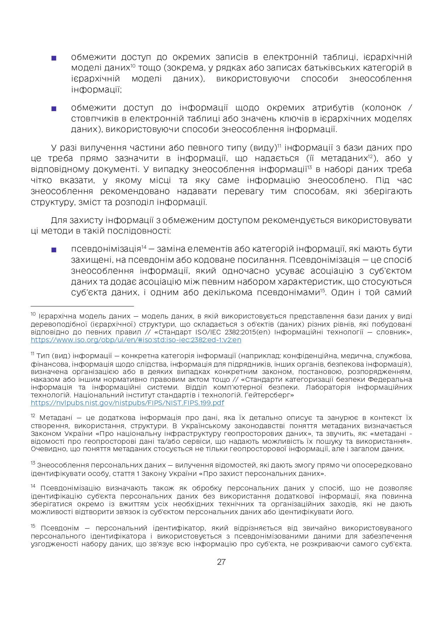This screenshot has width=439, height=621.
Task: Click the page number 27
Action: pyautogui.click(x=221, y=562)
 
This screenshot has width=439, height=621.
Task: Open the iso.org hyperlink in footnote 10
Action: pyautogui.click(x=136, y=340)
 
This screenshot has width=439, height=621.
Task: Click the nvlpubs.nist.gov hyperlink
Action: pyautogui.click(x=127, y=403)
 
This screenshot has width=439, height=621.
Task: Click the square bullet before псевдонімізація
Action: pyautogui.click(x=54, y=250)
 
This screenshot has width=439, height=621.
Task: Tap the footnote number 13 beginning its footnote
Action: pyautogui.click(x=33, y=464)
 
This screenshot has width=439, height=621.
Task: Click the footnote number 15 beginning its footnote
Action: pyautogui.click(x=33, y=527)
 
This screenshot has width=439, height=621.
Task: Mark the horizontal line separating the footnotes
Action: pyautogui.click(x=82, y=306)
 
